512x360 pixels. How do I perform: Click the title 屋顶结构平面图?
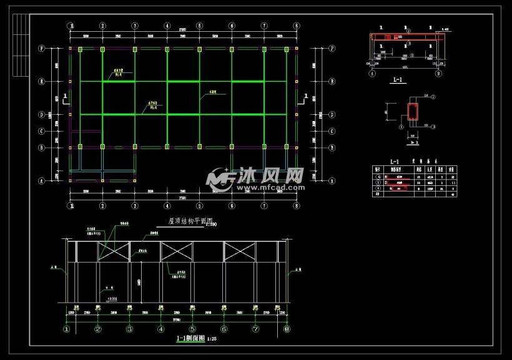(191, 221)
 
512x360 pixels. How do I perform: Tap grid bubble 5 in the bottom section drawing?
(192, 329)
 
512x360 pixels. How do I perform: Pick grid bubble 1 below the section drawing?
(67, 329)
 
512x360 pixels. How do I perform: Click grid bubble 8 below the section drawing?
(287, 329)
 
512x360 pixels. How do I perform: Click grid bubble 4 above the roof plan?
(167, 26)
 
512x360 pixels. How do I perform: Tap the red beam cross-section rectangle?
(412, 111)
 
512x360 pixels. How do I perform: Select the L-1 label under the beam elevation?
(396, 80)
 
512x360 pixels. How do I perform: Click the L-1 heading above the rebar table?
(394, 162)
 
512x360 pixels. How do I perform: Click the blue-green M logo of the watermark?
(220, 178)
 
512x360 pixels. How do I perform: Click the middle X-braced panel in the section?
(176, 251)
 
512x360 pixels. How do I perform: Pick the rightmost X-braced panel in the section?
(240, 251)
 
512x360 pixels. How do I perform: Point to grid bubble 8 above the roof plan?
(297, 26)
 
